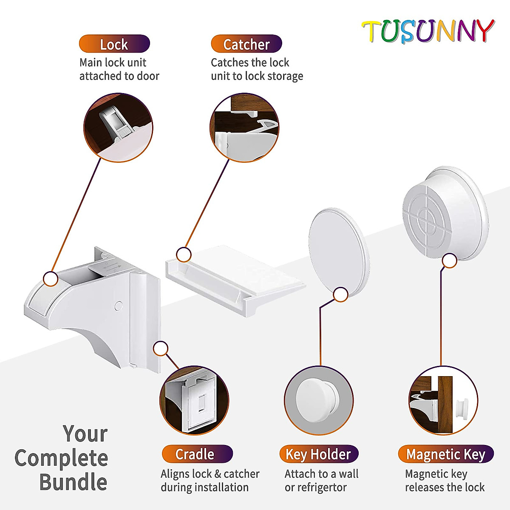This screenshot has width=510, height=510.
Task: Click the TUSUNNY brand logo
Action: [428, 31]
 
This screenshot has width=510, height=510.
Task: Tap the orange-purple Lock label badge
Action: [114, 44]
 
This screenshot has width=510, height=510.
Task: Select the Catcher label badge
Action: [246, 44]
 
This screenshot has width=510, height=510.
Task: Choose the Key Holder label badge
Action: [319, 454]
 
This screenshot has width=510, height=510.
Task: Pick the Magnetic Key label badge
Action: [446, 454]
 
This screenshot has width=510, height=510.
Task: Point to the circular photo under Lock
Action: [119, 127]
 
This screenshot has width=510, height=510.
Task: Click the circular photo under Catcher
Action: [244, 127]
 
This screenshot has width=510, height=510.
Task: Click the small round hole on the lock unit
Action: [119, 305]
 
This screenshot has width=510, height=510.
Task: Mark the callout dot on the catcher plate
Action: [184, 255]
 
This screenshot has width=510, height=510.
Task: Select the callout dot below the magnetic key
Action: [449, 261]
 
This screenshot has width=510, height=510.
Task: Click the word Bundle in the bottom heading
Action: [73, 482]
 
